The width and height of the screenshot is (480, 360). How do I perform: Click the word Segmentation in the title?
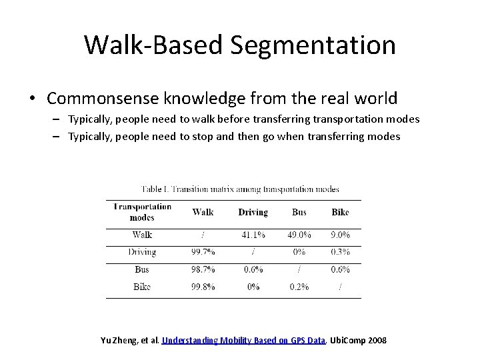[x=313, y=45]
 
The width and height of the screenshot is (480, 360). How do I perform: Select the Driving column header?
[x=253, y=212]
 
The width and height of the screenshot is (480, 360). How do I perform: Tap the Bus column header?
[x=299, y=212]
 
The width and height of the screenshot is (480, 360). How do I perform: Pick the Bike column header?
[x=340, y=212]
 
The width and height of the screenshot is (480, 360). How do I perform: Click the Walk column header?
[x=203, y=212]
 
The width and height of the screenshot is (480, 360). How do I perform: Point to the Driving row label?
[x=142, y=252]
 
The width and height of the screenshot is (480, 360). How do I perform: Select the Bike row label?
[x=142, y=287]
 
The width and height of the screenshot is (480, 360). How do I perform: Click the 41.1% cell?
[x=253, y=235]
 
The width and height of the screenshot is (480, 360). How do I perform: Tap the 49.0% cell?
[x=299, y=235]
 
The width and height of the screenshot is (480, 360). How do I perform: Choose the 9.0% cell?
[x=340, y=235]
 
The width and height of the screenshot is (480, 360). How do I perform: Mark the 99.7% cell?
[x=203, y=252]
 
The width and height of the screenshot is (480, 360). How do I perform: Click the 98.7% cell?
[x=203, y=269]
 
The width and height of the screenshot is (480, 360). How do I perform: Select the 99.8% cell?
[x=203, y=287]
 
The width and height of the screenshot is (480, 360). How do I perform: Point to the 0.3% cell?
[x=340, y=252]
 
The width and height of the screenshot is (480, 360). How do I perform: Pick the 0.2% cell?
[x=299, y=287]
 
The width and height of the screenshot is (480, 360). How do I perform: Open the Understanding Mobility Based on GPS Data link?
[x=243, y=341]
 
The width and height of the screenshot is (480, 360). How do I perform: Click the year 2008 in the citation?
[x=377, y=341]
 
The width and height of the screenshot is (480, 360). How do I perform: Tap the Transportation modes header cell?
[x=142, y=212]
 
